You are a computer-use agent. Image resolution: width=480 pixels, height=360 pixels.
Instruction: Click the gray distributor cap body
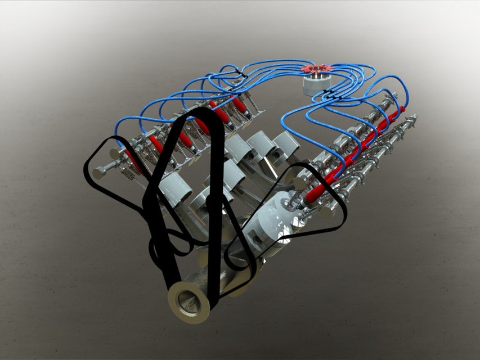pyautogui.click(x=316, y=83)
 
